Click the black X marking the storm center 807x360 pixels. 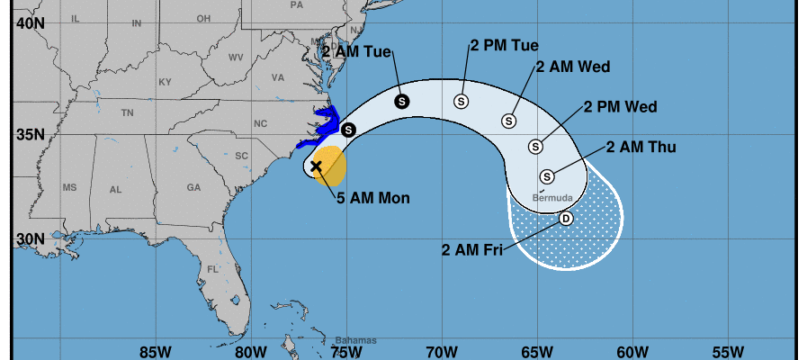pos(316,166)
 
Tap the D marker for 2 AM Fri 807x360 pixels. pos(566,219)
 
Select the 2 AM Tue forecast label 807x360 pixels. pos(356,51)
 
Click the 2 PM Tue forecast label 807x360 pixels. pos(505,45)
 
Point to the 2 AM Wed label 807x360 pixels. pos(573,67)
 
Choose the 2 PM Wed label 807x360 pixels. pos(620,107)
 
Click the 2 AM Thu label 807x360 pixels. pos(641,147)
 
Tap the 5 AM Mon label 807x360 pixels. pos(373,198)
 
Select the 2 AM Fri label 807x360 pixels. pos(471,250)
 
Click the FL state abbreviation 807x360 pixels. pos(213,269)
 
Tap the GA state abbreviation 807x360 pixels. pos(193,188)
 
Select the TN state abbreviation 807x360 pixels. pos(127,113)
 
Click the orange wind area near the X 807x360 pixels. pos(333,162)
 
